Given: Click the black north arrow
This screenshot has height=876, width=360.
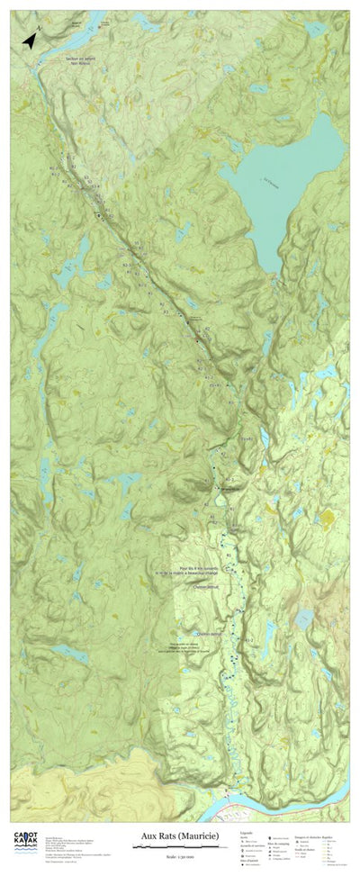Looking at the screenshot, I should tap(30, 39).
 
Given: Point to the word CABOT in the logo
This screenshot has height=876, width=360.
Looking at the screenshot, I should tap(25, 834).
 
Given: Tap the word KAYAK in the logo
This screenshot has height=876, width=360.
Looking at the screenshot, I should tap(25, 842).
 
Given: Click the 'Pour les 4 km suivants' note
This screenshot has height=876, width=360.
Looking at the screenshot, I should tap(199, 569).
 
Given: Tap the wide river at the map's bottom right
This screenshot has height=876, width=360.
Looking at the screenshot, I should tap(270, 798).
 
